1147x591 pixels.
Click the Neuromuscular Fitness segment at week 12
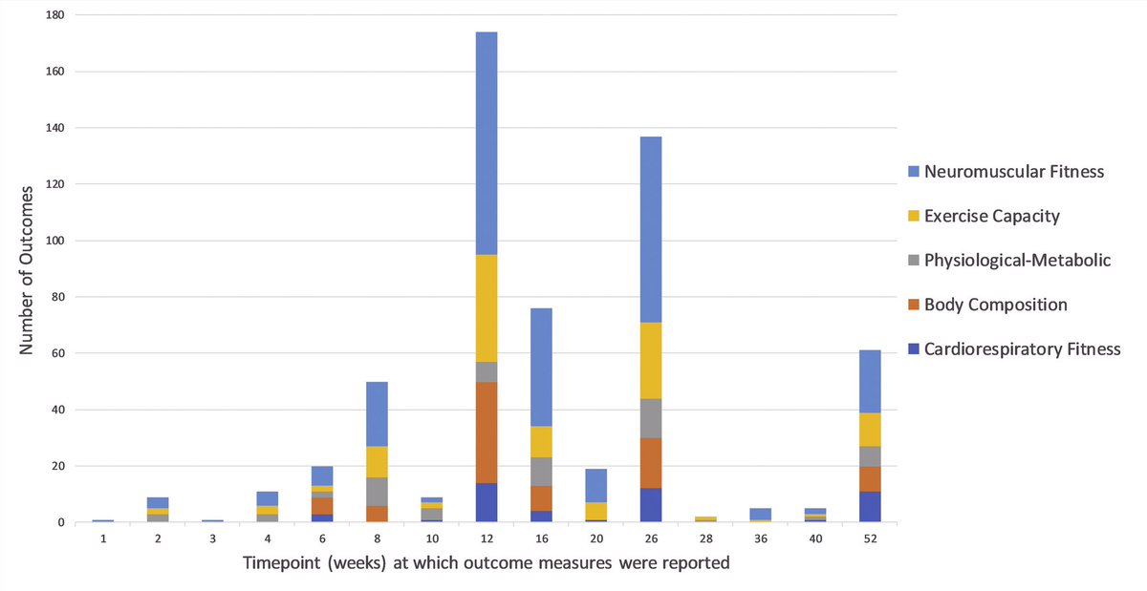[x=486, y=143]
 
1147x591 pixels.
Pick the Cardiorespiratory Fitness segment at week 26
[x=650, y=505]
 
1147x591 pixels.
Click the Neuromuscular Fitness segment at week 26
[x=650, y=229]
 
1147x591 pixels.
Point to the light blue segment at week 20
[x=595, y=485]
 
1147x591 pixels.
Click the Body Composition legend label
[x=1006, y=305]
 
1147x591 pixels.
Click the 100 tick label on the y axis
[x=55, y=241]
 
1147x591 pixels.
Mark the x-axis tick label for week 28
[x=704, y=538]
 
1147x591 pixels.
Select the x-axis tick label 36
[x=759, y=538]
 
